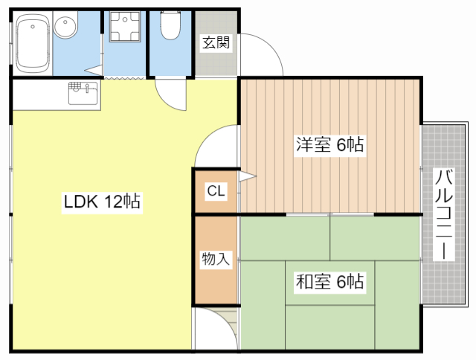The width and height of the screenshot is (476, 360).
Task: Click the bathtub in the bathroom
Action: (32, 43)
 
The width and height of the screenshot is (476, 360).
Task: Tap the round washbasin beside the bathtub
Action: (65, 25)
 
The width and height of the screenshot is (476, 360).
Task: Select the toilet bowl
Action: (170, 25)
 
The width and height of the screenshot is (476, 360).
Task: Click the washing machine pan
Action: (125, 27)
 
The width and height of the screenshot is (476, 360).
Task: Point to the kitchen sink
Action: (83, 93)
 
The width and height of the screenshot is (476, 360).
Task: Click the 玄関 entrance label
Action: (216, 42)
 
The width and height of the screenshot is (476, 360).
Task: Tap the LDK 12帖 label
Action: (102, 202)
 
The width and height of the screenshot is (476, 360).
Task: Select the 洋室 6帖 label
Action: (330, 144)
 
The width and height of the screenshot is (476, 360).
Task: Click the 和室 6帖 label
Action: (330, 281)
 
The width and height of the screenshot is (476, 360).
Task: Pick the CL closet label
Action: (216, 190)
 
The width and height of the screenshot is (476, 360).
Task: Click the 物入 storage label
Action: (216, 259)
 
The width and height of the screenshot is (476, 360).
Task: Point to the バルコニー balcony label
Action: (444, 215)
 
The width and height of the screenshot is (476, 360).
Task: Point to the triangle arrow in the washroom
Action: (94, 71)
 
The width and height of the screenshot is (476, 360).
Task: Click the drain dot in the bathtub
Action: (33, 27)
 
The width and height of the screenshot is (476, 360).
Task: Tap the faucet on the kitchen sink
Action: (87, 88)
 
